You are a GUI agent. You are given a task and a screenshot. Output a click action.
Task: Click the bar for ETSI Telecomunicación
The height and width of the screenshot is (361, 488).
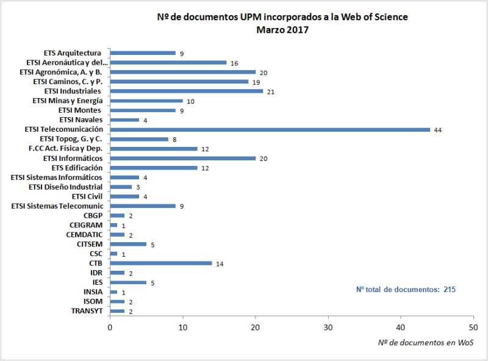coord(270,129)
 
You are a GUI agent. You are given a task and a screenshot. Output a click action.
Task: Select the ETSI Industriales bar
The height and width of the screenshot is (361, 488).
coord(186,91)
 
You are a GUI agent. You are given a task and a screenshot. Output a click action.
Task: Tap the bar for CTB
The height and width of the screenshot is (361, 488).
coord(161,263)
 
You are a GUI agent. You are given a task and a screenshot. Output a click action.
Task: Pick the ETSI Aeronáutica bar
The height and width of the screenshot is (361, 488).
coord(168,62)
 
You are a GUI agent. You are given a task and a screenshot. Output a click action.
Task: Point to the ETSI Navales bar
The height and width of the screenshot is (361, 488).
coord(124,120)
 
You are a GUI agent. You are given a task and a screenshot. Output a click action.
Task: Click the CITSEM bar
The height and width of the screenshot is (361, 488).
coord(128,244)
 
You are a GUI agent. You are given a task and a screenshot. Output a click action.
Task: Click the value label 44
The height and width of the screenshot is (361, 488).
coord(437,130)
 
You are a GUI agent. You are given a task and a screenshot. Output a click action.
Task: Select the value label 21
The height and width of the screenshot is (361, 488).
coord(270,91)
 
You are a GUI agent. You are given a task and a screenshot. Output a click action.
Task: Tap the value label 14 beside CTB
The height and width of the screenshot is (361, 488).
coord(220,263)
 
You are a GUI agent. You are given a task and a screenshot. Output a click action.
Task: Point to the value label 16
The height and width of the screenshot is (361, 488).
coord(234,63)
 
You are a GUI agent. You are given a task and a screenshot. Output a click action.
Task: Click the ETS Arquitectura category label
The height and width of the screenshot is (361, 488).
coord(73,53)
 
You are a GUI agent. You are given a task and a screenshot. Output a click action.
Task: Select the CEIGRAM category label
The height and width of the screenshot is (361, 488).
coord(85,225)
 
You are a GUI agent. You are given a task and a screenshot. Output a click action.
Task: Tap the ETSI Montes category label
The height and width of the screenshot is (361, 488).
coord(80,110)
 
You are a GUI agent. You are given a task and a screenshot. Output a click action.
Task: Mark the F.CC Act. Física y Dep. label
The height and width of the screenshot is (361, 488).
coord(65,148)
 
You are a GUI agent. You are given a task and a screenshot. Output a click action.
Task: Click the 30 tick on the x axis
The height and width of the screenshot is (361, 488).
coord(328,327)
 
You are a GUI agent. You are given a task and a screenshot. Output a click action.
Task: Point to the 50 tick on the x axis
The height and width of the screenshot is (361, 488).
coord(473,327)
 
